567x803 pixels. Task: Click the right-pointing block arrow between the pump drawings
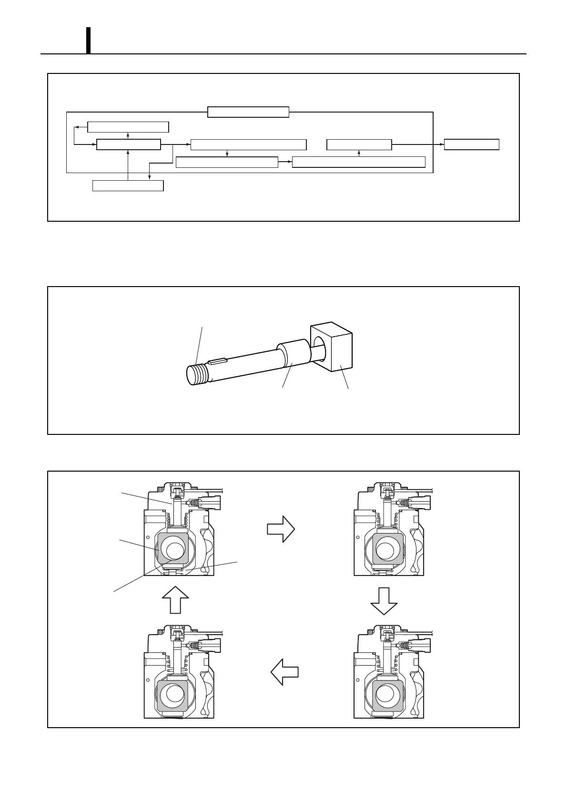(281, 529)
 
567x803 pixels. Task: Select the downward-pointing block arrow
(384, 601)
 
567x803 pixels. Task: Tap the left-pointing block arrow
(284, 672)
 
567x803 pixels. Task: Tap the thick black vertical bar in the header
(89, 40)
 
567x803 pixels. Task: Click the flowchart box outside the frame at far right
(471, 144)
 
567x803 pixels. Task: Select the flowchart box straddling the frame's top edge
(248, 112)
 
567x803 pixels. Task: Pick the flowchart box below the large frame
(128, 185)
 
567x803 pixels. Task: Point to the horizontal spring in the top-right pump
(403, 503)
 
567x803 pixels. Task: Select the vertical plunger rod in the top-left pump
(178, 513)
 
